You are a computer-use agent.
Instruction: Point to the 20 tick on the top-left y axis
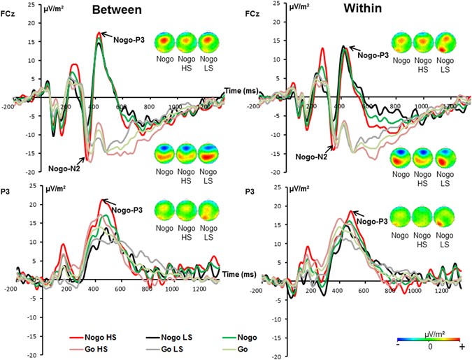[28, 23]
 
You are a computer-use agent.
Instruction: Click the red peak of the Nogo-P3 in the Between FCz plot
[99, 32]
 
